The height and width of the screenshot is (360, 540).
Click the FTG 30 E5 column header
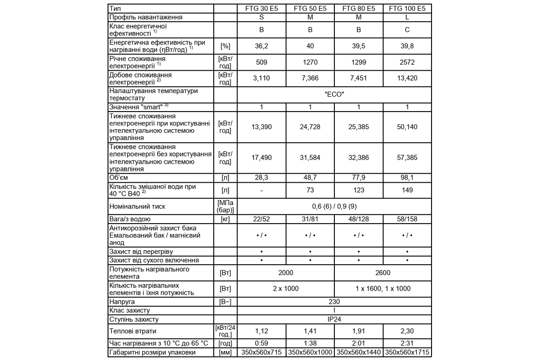(261, 9)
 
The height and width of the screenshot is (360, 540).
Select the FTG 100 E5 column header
(407, 9)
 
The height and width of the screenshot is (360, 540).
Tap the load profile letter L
(407, 17)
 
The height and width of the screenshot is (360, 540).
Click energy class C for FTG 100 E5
(407, 30)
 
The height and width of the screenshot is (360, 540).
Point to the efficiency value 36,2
(261, 46)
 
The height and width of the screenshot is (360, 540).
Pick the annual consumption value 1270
(310, 62)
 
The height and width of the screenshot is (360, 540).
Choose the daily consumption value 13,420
(407, 78)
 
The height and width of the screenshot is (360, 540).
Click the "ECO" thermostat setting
(334, 94)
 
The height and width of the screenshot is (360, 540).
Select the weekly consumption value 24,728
(310, 127)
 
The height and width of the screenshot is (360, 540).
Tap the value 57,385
(407, 157)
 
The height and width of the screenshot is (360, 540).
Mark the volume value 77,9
(359, 178)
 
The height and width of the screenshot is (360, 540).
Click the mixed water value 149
(407, 190)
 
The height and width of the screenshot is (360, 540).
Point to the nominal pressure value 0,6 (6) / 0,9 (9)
(334, 207)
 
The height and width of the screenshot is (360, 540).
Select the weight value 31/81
(310, 219)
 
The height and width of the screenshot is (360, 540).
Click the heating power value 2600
(383, 273)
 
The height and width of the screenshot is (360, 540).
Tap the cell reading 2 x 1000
(286, 289)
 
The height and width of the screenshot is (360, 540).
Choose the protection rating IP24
(334, 319)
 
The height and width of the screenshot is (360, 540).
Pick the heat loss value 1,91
(359, 332)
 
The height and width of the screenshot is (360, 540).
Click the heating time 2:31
(407, 343)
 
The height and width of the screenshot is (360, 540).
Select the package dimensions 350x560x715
(261, 352)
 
